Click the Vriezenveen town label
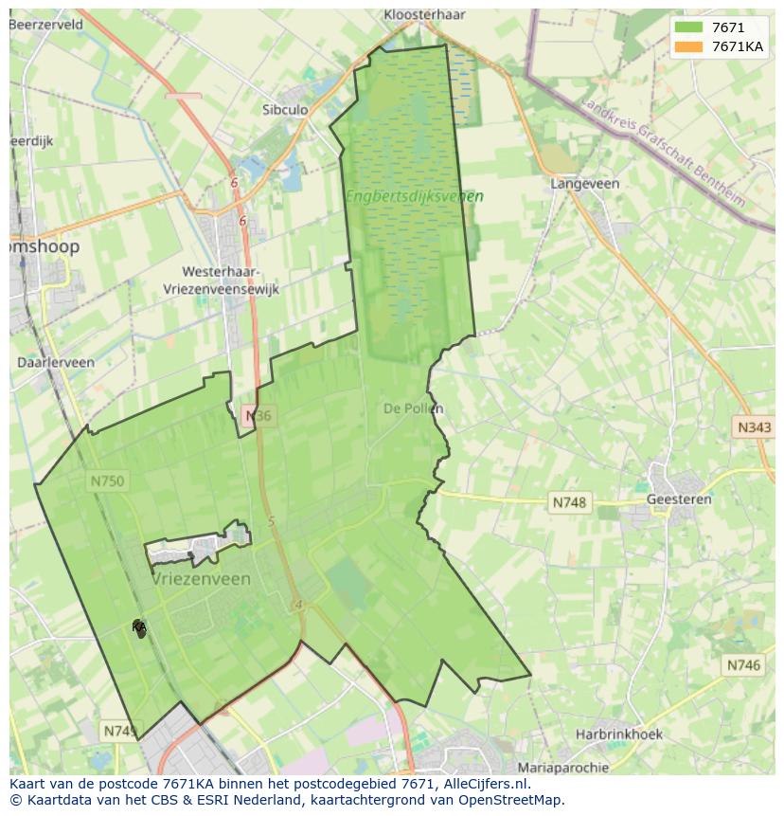coord(202,579)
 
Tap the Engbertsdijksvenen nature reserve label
coord(414,197)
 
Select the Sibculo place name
coord(285,110)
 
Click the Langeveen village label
coord(585,184)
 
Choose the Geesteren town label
coord(679,499)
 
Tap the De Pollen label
coord(414,408)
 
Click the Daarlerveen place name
coord(56,362)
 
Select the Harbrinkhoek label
coord(619,734)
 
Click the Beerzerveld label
coord(45,25)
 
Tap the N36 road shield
coord(258,416)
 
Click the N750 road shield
coord(107,481)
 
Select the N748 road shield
coord(570,502)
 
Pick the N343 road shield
coord(754,427)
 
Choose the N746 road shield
coord(743,665)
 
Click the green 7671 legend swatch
coord(689,27)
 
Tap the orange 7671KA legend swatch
coord(689,46)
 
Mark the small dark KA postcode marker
coord(139,627)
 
